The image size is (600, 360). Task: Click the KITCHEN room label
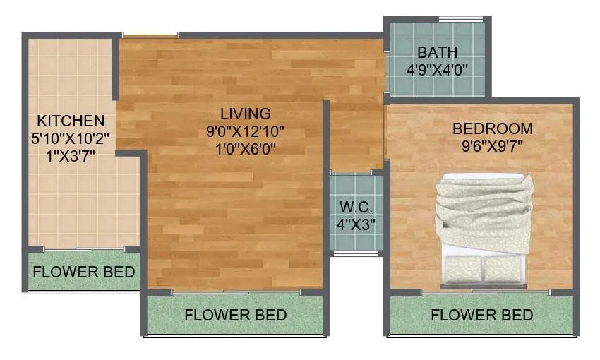(71, 121)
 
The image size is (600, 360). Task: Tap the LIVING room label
(245, 114)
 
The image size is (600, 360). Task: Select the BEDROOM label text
(492, 129)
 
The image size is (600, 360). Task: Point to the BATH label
(437, 53)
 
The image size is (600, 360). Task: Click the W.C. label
(356, 208)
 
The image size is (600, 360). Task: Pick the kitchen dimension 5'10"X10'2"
(71, 138)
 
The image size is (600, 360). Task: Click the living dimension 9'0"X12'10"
(245, 131)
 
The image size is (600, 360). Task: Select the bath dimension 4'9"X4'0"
(437, 69)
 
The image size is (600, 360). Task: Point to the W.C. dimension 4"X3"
(356, 225)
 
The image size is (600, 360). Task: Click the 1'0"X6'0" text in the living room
(245, 148)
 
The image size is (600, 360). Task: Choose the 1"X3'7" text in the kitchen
(71, 155)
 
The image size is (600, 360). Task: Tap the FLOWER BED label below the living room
(235, 315)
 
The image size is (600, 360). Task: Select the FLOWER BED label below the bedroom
(481, 315)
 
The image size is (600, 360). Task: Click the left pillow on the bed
(462, 268)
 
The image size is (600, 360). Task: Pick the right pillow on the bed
(504, 268)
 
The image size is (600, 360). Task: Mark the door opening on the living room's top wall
(150, 35)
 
